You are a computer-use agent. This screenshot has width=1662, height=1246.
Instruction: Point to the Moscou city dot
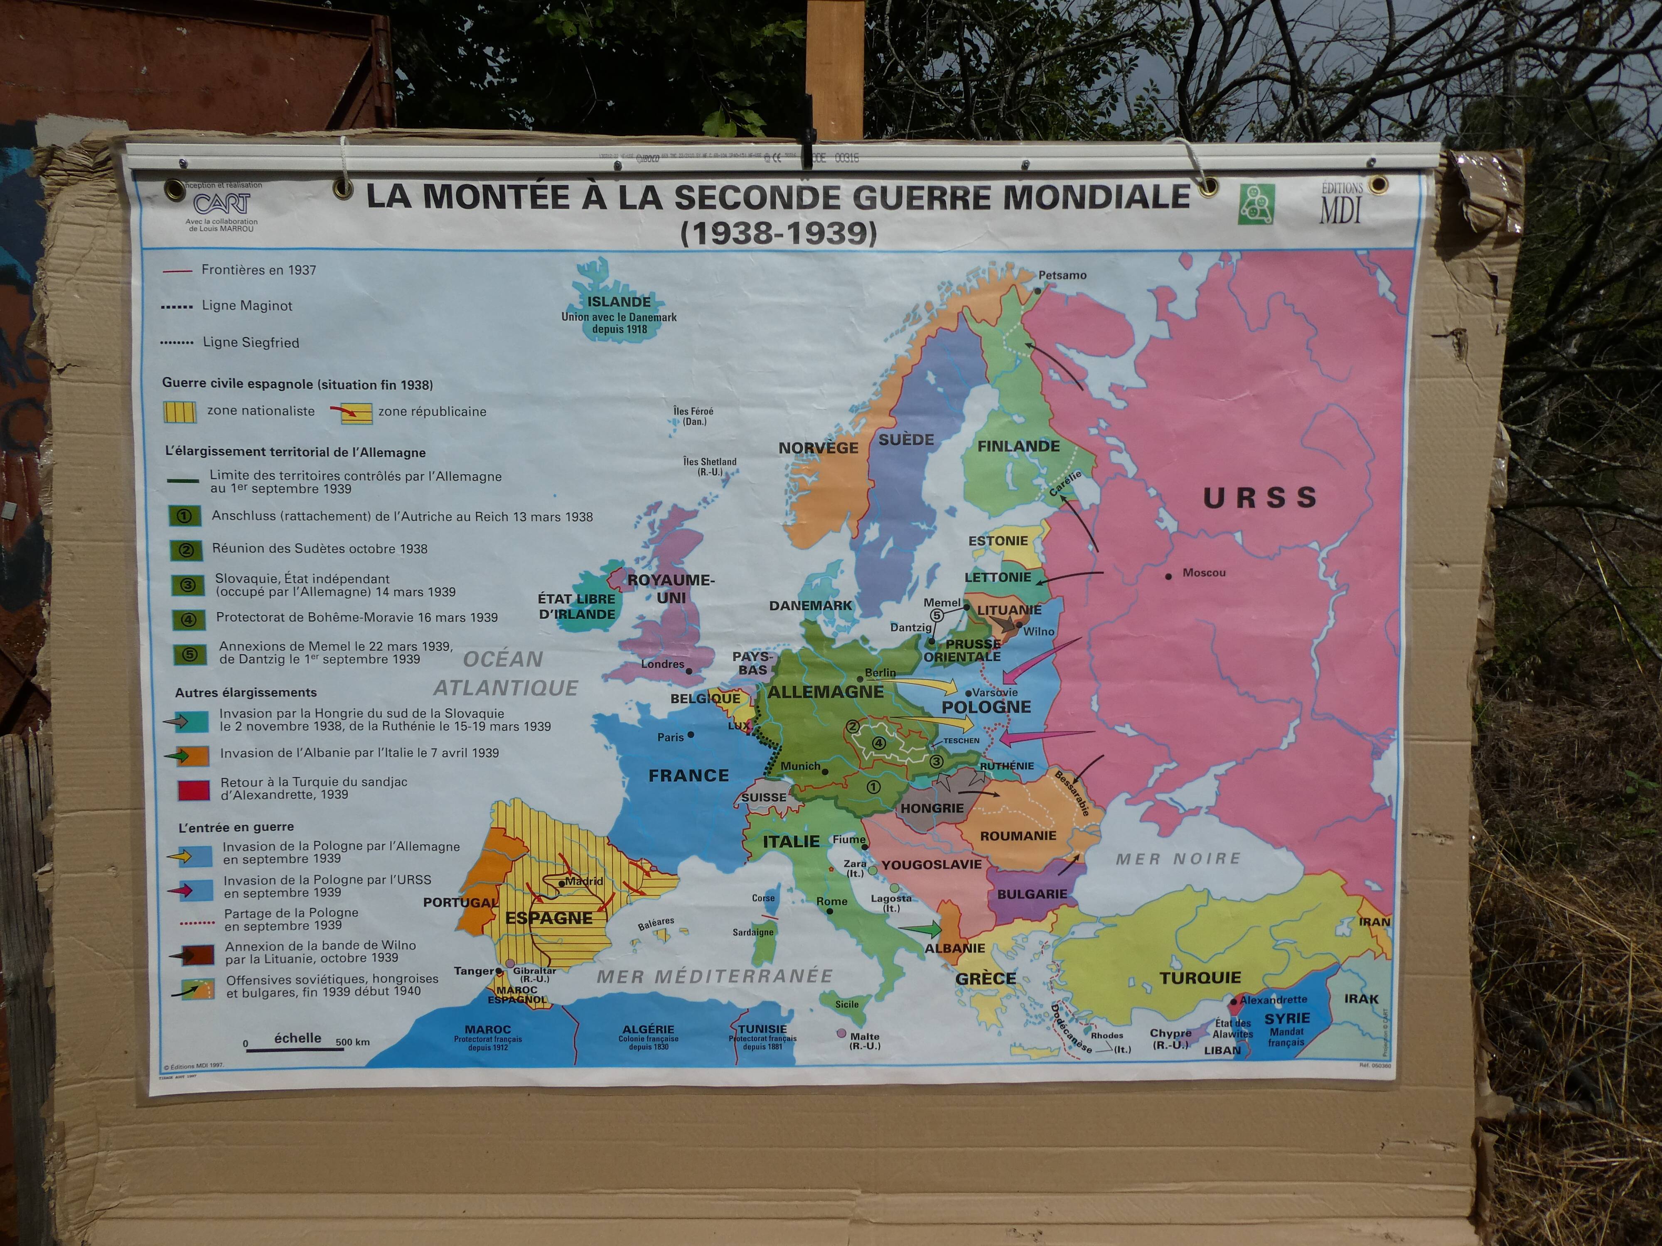click(x=1168, y=576)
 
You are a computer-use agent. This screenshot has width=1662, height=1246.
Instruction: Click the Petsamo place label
click(x=1062, y=275)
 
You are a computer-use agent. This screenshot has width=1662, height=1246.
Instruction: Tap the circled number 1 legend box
click(x=186, y=516)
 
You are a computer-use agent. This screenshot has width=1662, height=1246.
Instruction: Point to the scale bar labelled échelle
click(x=295, y=1048)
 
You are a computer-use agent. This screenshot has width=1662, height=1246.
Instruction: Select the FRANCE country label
click(x=688, y=775)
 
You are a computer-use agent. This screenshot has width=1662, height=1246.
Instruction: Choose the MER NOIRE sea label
click(x=1178, y=858)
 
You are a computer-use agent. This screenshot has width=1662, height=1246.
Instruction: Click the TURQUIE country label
click(x=1200, y=978)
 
